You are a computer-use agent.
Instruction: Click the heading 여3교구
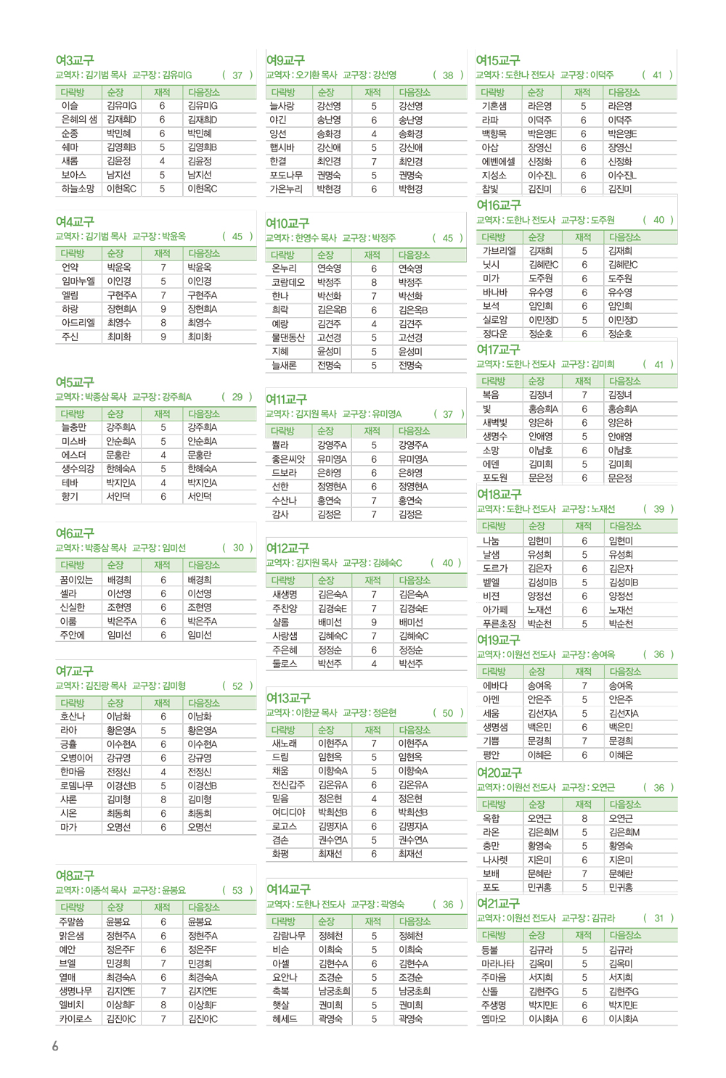[x=75, y=60]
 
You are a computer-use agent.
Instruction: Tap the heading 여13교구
[x=288, y=698]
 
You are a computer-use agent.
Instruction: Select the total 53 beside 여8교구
[x=237, y=890]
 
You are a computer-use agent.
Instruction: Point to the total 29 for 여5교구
[x=237, y=397]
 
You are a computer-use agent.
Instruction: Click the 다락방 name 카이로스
[x=76, y=1019]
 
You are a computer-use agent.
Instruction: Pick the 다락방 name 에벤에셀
[x=499, y=162]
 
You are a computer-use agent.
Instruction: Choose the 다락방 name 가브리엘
[x=499, y=251]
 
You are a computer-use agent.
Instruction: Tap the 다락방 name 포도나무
[x=286, y=175]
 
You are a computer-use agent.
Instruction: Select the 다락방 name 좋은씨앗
[x=288, y=458]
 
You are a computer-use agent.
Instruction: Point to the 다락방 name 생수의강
[x=78, y=469]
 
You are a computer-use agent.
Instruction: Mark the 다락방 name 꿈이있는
[x=76, y=580]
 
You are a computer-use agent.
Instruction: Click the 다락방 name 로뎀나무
[x=77, y=786]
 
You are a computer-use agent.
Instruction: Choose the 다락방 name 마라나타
[x=498, y=963]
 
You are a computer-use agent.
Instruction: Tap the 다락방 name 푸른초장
[x=499, y=624]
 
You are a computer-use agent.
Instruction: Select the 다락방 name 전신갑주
[x=287, y=785]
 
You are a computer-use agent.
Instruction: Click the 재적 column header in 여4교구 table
[x=162, y=253]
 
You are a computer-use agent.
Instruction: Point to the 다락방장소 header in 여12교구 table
[x=414, y=580]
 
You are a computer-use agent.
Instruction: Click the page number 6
[x=55, y=1046]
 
